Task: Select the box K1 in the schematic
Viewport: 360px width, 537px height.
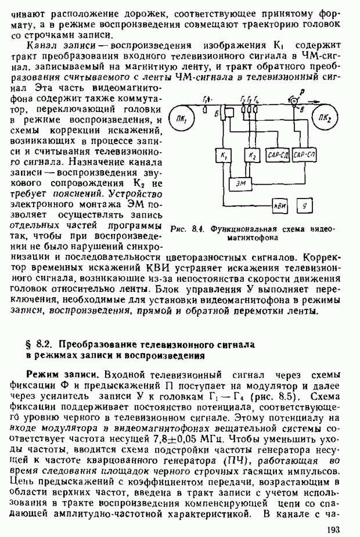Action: coord(225,156)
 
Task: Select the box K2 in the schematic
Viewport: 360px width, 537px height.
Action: coord(252,156)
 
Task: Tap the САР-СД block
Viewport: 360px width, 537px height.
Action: coord(279,156)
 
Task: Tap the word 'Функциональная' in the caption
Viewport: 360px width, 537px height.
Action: coord(244,229)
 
